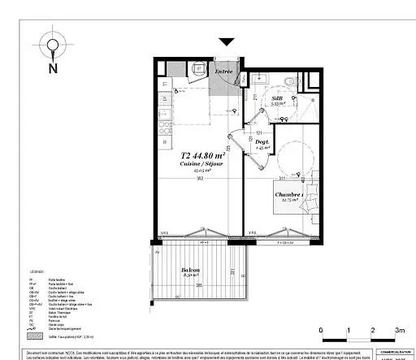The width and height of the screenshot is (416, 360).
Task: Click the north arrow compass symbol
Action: click(x=53, y=46)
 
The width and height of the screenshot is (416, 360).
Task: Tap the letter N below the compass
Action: click(x=53, y=68)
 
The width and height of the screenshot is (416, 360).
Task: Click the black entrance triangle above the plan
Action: click(x=226, y=41)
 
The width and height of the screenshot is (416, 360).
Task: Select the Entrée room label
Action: click(x=223, y=72)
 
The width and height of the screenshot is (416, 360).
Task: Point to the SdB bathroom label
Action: click(x=277, y=98)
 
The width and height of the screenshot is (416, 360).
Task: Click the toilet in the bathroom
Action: click(x=291, y=81)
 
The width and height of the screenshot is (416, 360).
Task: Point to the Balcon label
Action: click(x=191, y=270)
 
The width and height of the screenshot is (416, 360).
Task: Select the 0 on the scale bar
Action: click(x=322, y=330)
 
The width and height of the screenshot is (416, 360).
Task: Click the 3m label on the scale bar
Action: click(x=399, y=330)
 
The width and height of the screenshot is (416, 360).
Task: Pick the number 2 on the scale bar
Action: click(x=372, y=330)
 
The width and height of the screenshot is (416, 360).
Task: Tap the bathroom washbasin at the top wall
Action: click(x=266, y=75)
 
